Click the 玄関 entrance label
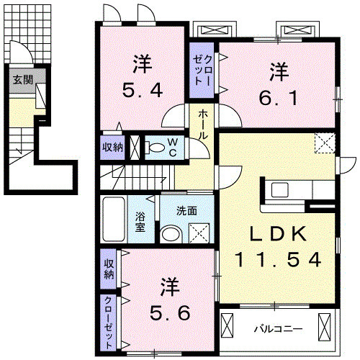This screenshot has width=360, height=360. (x=22, y=79)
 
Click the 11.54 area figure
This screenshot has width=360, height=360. (x=276, y=259)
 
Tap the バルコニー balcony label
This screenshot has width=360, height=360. (x=277, y=328)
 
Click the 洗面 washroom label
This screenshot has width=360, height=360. (x=188, y=212)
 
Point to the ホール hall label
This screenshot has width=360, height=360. (x=203, y=124)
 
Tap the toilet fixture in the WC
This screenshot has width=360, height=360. (x=156, y=148)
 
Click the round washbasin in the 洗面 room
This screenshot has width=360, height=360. (x=170, y=233)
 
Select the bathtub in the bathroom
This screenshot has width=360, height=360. (x=113, y=220)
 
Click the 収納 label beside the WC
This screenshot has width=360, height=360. (x=112, y=147)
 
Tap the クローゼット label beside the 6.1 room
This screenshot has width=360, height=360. (x=203, y=70)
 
